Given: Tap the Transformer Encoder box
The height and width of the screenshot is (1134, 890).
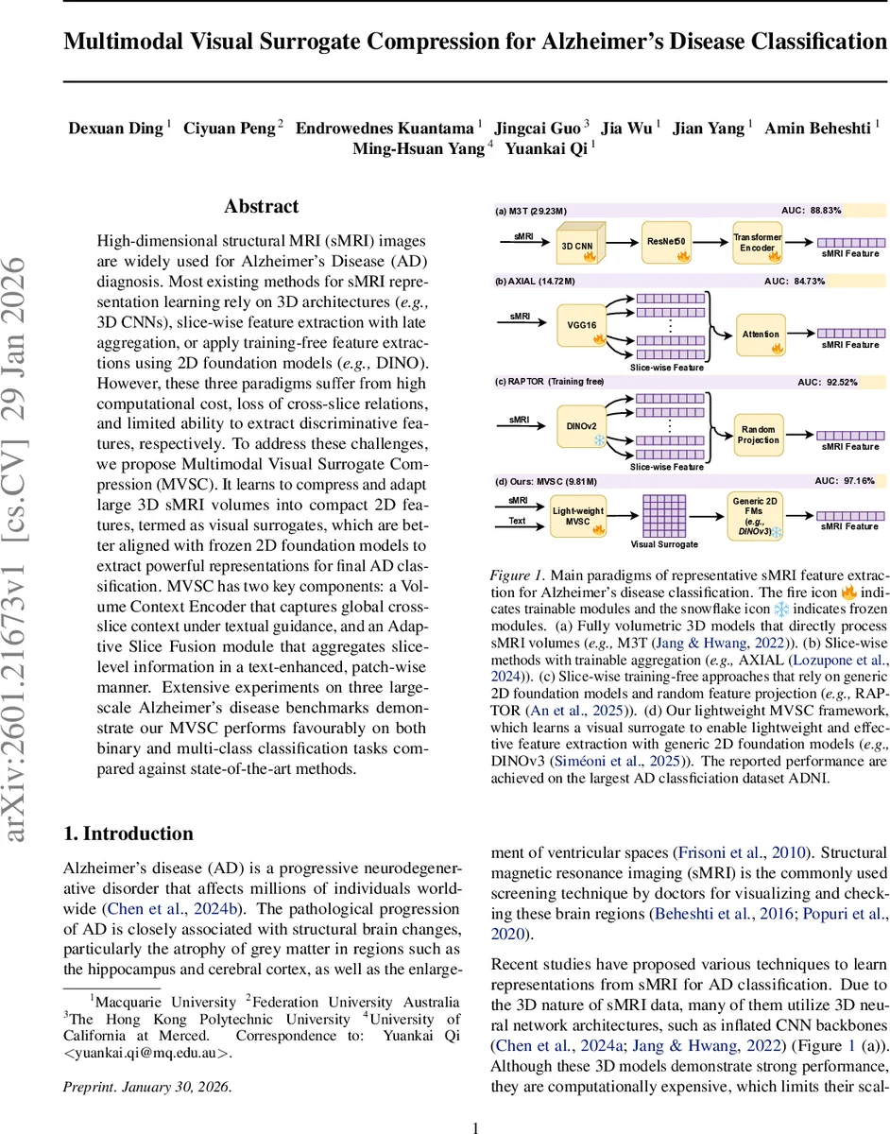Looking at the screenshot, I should pyautogui.click(x=759, y=241).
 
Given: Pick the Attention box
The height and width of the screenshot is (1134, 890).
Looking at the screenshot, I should pyautogui.click(x=761, y=334).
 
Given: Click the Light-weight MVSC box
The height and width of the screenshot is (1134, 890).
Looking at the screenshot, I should pyautogui.click(x=577, y=515).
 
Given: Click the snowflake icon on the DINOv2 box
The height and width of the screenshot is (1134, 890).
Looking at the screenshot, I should pyautogui.click(x=596, y=440).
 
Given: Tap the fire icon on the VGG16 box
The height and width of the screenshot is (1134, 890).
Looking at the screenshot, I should pyautogui.click(x=594, y=336).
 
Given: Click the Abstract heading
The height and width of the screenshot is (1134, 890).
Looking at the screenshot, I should pyautogui.click(x=262, y=206).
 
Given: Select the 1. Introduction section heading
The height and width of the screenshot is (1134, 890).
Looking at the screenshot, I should pyautogui.click(x=128, y=833).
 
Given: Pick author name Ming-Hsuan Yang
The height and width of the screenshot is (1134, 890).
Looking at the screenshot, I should pyautogui.click(x=419, y=148).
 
